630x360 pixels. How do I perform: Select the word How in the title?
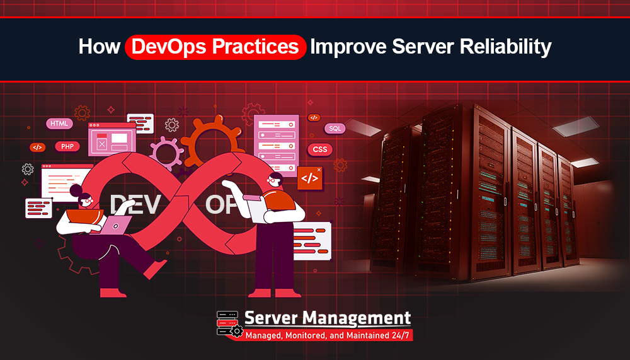tap(98, 47)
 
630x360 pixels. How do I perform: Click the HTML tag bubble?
tap(59, 124)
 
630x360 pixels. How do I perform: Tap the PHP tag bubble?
tap(67, 146)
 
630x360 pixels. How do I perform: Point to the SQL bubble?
tap(335, 129)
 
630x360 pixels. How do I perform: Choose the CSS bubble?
tap(320, 149)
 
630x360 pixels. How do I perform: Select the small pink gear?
tap(166, 152)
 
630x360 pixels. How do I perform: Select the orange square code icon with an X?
tap(309, 178)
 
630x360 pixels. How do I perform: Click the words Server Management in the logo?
tap(327, 318)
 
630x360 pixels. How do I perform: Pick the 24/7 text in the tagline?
tap(399, 335)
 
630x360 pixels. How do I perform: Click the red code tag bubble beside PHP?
tap(37, 147)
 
